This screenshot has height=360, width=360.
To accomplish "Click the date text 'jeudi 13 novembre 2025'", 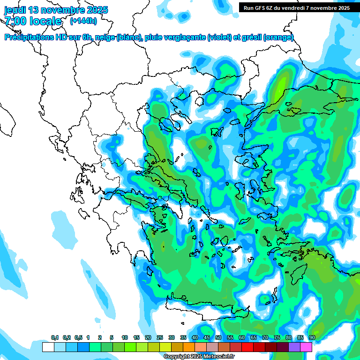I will (56, 10).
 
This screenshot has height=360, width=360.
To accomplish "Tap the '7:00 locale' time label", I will (33, 21).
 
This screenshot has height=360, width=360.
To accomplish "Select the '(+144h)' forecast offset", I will (83, 21).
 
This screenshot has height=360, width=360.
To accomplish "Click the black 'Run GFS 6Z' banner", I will (296, 7).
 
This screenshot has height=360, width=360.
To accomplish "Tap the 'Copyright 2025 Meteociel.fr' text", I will (199, 357).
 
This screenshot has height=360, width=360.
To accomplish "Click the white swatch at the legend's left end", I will (48, 347).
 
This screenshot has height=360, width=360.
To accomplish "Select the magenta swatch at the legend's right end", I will (306, 347).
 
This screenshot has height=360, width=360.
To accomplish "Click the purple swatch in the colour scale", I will (294, 347).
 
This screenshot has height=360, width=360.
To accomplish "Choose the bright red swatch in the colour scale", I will (247, 347).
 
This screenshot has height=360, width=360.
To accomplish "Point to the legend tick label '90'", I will (312, 338).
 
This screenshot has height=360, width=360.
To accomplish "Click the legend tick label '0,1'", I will (54, 338).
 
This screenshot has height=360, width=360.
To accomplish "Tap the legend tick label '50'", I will (218, 338).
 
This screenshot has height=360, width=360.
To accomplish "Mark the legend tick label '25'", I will (160, 338).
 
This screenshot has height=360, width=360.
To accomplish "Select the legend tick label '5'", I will (112, 338).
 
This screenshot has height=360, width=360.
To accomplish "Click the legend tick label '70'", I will (265, 338).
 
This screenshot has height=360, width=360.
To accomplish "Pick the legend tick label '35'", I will (183, 338).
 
